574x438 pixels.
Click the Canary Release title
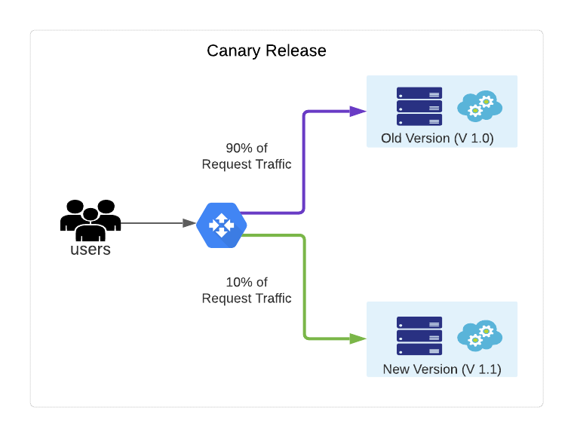[266, 51]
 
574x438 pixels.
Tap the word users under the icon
[91, 250]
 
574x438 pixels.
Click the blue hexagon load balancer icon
[221, 225]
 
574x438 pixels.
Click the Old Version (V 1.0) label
[437, 138]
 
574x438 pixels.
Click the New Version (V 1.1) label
[441, 369]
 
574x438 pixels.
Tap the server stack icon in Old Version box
[419, 106]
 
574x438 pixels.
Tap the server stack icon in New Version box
[419, 335]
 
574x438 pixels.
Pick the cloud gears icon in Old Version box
[480, 106]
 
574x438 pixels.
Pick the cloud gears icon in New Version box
[480, 335]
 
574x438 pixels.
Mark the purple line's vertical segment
[303, 162]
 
